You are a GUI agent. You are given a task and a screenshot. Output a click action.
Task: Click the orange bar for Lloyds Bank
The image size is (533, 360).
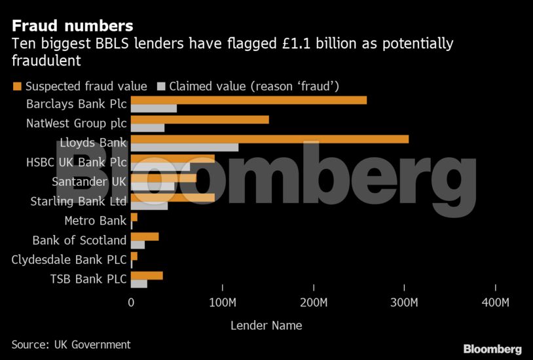pyautogui.click(x=270, y=139)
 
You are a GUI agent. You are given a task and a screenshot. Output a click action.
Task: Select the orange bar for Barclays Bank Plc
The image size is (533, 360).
pyautogui.click(x=249, y=100)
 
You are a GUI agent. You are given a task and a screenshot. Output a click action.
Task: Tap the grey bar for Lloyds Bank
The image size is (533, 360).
pyautogui.click(x=185, y=147)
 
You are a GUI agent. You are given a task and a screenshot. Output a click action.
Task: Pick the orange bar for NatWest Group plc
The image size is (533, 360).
pyautogui.click(x=200, y=120)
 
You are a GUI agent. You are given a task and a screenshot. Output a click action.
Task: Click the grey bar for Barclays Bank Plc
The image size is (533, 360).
pyautogui.click(x=154, y=108)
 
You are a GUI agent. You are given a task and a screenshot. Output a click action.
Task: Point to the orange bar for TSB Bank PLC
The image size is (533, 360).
pyautogui.click(x=147, y=276)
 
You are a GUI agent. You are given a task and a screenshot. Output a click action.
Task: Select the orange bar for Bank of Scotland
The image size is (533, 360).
pyautogui.click(x=145, y=236)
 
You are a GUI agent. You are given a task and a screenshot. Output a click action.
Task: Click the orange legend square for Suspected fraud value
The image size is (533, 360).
pyautogui.click(x=16, y=86)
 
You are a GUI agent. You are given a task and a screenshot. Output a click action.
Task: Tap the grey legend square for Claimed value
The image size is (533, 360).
pyautogui.click(x=162, y=86)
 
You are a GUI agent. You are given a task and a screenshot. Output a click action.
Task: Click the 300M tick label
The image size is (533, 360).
pyautogui.click(x=404, y=302)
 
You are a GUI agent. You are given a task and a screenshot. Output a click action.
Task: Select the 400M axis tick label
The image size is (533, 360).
pyautogui.click(x=495, y=302)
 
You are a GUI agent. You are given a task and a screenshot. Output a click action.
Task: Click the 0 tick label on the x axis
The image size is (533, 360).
pyautogui.click(x=132, y=302)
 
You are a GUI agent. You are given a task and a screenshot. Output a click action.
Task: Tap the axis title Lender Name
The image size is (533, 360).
pyautogui.click(x=266, y=325)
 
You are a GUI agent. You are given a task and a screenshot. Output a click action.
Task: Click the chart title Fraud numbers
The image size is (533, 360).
pyautogui.click(x=71, y=26)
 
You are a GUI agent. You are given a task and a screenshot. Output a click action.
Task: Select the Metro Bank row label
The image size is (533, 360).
pyautogui.click(x=95, y=221)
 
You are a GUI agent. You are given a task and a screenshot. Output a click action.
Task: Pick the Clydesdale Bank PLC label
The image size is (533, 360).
pyautogui.click(x=69, y=260)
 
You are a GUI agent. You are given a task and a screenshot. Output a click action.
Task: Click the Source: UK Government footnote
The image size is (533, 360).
pyautogui.click(x=71, y=344)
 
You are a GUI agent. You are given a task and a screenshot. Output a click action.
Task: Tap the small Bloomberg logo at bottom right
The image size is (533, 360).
pyautogui.click(x=492, y=348)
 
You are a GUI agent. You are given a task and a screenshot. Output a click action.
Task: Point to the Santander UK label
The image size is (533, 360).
pyautogui.click(x=88, y=182)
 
